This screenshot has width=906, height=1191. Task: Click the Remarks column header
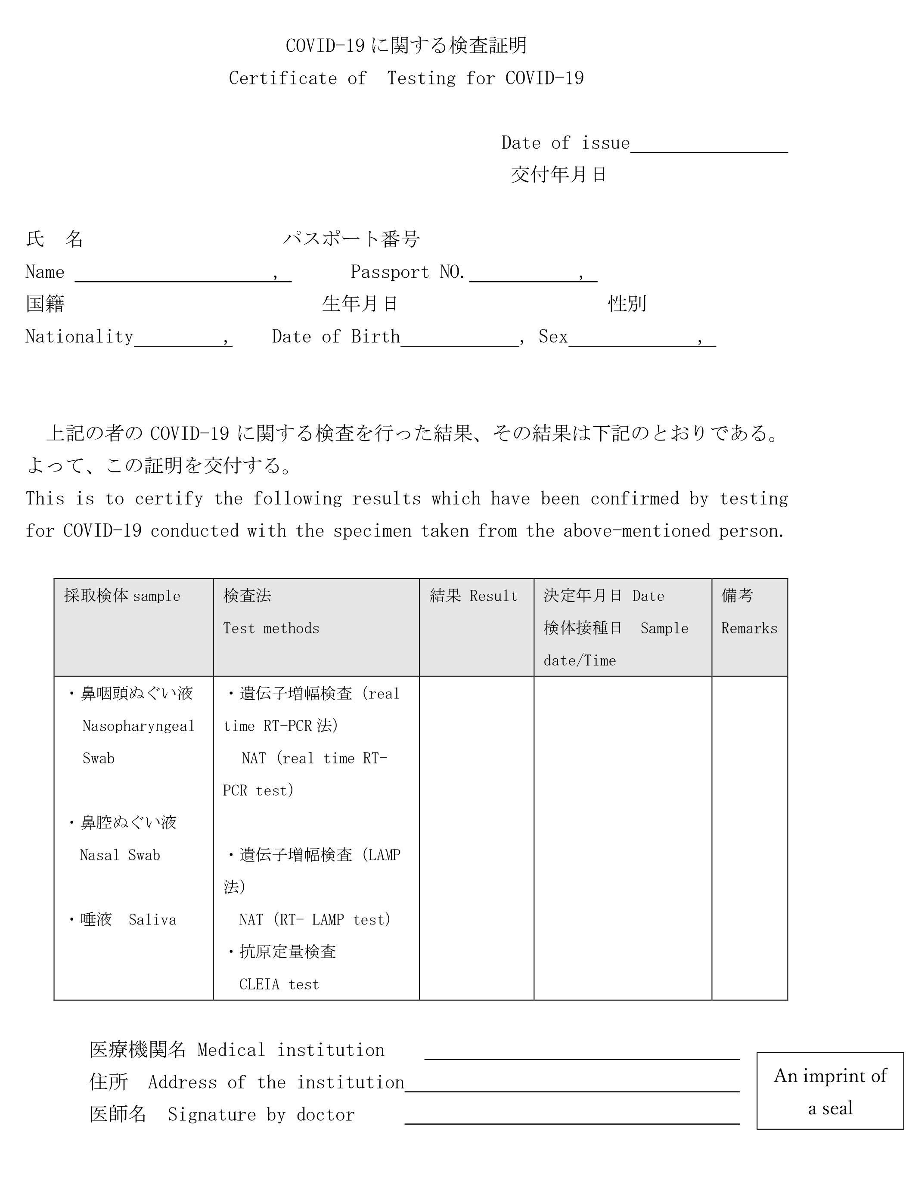tap(749, 628)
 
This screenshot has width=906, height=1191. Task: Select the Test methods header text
tap(271, 628)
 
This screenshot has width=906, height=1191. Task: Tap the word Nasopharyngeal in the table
tap(138, 726)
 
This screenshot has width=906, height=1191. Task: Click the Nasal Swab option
tap(120, 855)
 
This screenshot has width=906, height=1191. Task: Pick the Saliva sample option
tap(152, 920)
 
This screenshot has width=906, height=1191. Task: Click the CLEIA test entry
tap(279, 984)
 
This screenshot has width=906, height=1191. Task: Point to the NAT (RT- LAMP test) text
tap(314, 920)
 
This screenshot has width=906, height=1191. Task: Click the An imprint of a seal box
tap(830, 1092)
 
